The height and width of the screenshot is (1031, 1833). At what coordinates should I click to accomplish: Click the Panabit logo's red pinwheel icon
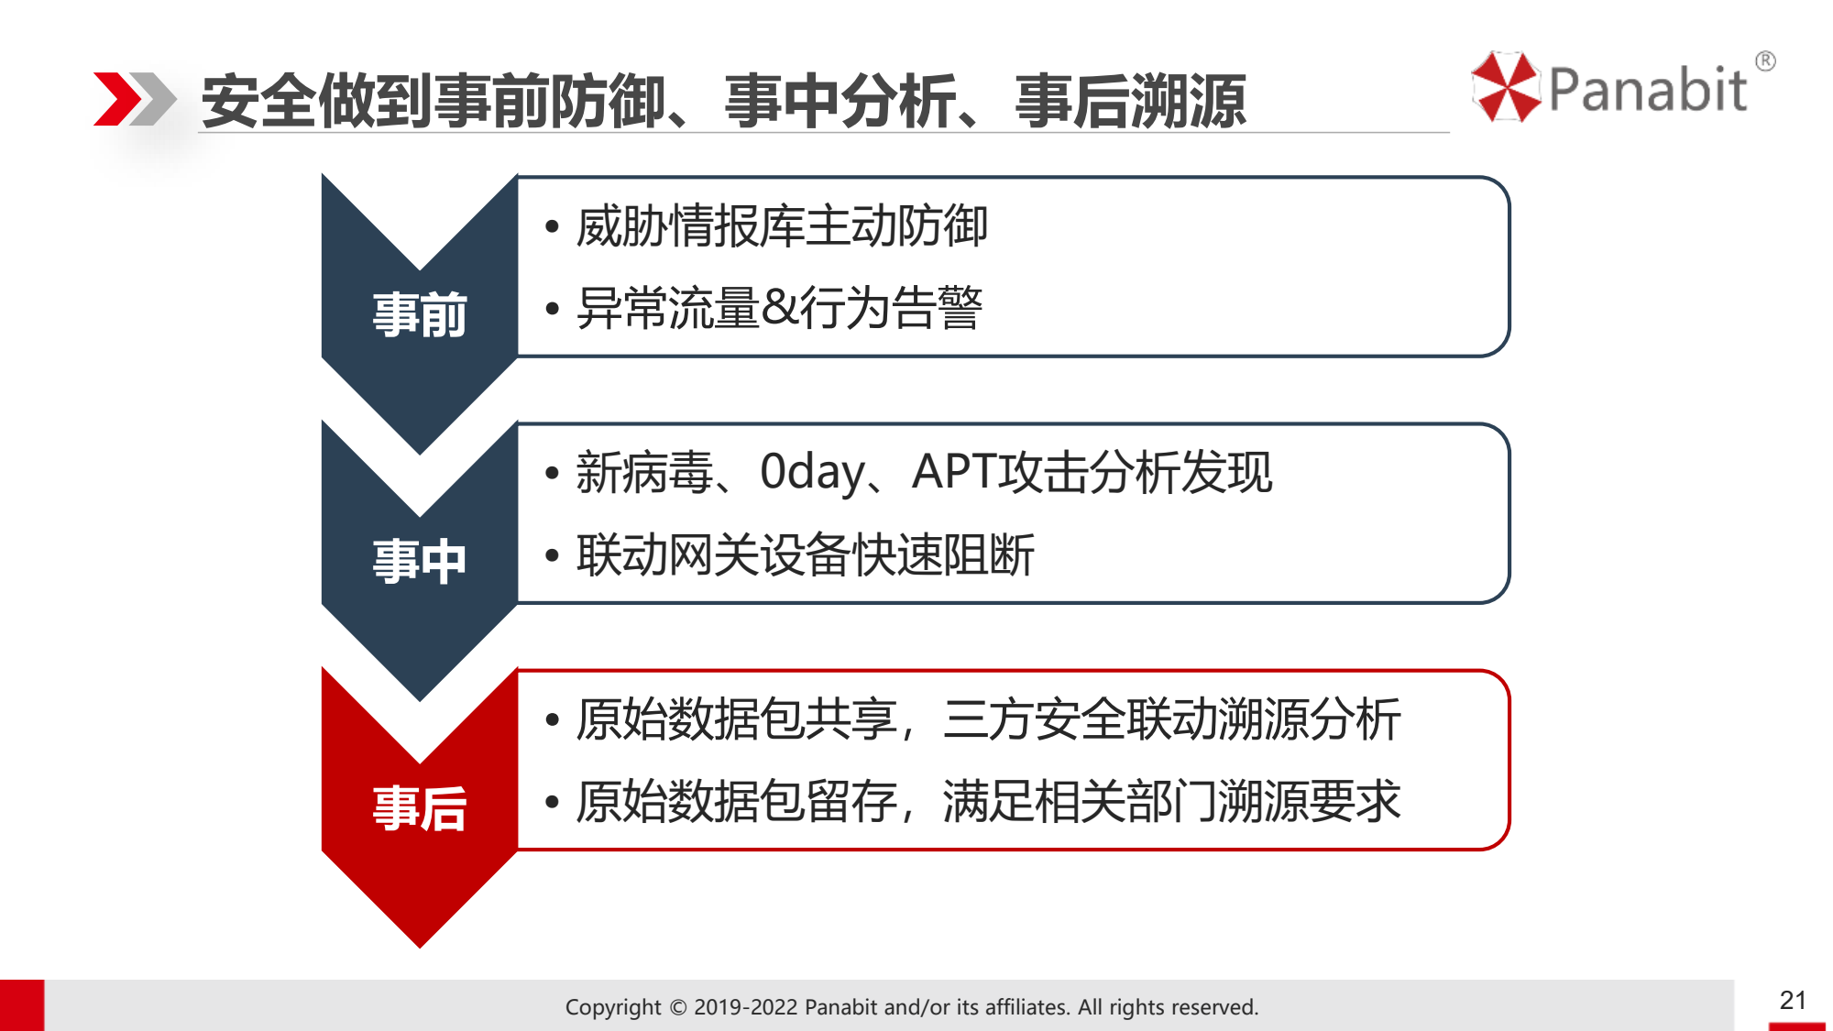[1506, 87]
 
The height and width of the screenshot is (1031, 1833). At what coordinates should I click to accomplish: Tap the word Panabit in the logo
[1648, 90]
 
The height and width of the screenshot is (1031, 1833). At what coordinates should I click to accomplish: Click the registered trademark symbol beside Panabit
[1765, 61]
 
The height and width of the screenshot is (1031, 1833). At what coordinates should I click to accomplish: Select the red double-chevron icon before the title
[135, 98]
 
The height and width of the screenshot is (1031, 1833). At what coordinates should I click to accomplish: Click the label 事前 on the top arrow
[420, 314]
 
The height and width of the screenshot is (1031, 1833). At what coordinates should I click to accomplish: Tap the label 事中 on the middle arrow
[420, 561]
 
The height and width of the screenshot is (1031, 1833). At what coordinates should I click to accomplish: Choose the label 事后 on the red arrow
[420, 808]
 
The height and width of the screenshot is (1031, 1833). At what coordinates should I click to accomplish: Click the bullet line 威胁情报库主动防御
[782, 226]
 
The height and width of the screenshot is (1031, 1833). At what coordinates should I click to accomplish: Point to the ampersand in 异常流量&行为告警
[779, 308]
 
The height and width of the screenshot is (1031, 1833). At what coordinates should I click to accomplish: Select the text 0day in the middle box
[813, 473]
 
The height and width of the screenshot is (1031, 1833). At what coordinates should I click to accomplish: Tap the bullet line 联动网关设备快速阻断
[806, 555]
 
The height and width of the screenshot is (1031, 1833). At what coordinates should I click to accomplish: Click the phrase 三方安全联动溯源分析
[1172, 719]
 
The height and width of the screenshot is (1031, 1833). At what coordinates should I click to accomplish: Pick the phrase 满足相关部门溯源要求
[1172, 802]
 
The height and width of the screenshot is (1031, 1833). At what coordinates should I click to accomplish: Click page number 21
[1793, 1000]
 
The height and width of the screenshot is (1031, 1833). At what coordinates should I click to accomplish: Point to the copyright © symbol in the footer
[678, 1007]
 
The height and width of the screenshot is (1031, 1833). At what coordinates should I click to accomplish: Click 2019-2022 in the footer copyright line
[746, 1007]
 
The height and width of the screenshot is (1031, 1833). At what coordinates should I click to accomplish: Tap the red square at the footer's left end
[22, 1005]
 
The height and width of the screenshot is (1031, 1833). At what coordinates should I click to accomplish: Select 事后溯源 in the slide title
[1130, 101]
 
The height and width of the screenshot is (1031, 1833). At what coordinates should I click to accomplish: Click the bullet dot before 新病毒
[552, 474]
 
